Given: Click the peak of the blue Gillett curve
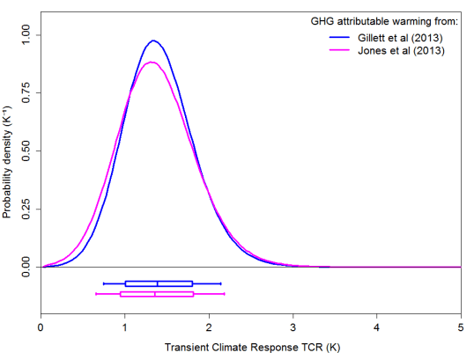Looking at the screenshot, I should (153, 40).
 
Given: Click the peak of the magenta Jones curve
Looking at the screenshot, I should (151, 62).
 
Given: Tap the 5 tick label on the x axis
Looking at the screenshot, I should (461, 327).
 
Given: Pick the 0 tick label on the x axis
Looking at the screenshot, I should (41, 327).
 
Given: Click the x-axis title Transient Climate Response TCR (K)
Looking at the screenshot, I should (251, 348).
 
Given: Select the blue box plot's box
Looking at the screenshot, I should (159, 283).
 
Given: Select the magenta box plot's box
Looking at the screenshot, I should (156, 294).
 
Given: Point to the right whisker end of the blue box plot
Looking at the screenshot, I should (220, 283).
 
